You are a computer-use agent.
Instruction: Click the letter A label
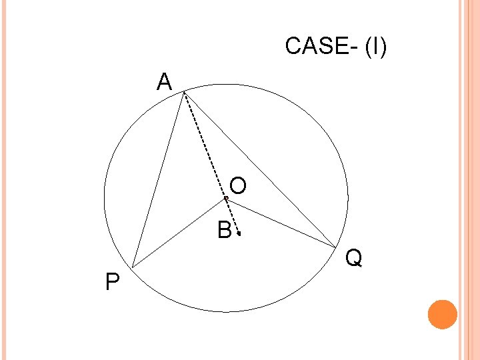(165, 82)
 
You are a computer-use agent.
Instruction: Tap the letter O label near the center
(238, 185)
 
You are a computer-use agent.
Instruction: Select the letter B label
(225, 231)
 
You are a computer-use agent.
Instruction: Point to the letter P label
(113, 283)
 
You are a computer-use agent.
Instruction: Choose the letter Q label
(355, 257)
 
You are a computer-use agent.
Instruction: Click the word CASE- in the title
(321, 47)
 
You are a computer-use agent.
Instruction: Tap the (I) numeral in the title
(375, 47)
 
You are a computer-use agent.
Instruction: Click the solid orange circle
(442, 315)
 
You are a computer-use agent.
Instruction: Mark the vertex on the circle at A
(185, 93)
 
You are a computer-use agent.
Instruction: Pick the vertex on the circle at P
(132, 267)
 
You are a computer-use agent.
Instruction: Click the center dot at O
(226, 199)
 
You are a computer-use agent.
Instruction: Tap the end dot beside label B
(239, 235)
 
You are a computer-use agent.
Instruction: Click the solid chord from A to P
(159, 180)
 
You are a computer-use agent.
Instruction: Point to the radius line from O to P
(179, 233)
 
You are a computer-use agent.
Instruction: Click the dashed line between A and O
(205, 145)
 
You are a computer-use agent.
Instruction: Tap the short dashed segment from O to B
(233, 217)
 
